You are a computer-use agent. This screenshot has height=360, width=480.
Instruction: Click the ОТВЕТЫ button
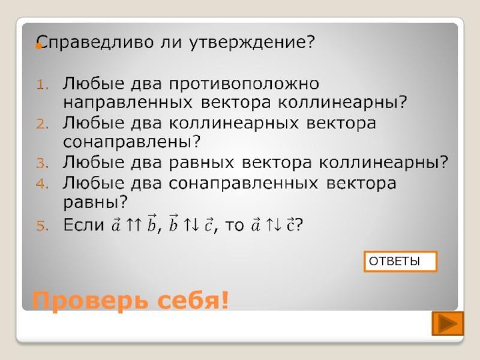(400, 262)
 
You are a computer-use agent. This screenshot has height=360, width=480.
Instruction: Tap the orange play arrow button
(448, 323)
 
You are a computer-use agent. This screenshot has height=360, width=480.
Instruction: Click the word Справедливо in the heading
(95, 42)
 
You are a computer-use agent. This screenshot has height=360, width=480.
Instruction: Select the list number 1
(42, 85)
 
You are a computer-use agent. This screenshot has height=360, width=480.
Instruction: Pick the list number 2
(42, 124)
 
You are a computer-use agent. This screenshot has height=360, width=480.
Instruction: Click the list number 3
(42, 163)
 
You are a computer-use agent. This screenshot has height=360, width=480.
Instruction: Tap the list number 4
(42, 184)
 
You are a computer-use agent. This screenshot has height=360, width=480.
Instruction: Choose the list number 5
(42, 226)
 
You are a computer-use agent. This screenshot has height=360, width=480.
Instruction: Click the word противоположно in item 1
(244, 84)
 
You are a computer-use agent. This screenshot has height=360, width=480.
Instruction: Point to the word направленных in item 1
(128, 103)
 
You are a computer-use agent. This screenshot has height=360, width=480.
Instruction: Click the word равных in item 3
(202, 163)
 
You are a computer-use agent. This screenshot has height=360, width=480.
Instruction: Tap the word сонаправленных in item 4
(244, 184)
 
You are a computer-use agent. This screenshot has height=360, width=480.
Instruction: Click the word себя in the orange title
(190, 301)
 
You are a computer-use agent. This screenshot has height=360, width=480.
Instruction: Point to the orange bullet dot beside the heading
(38, 46)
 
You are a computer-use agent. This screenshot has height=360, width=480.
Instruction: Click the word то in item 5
(235, 226)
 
